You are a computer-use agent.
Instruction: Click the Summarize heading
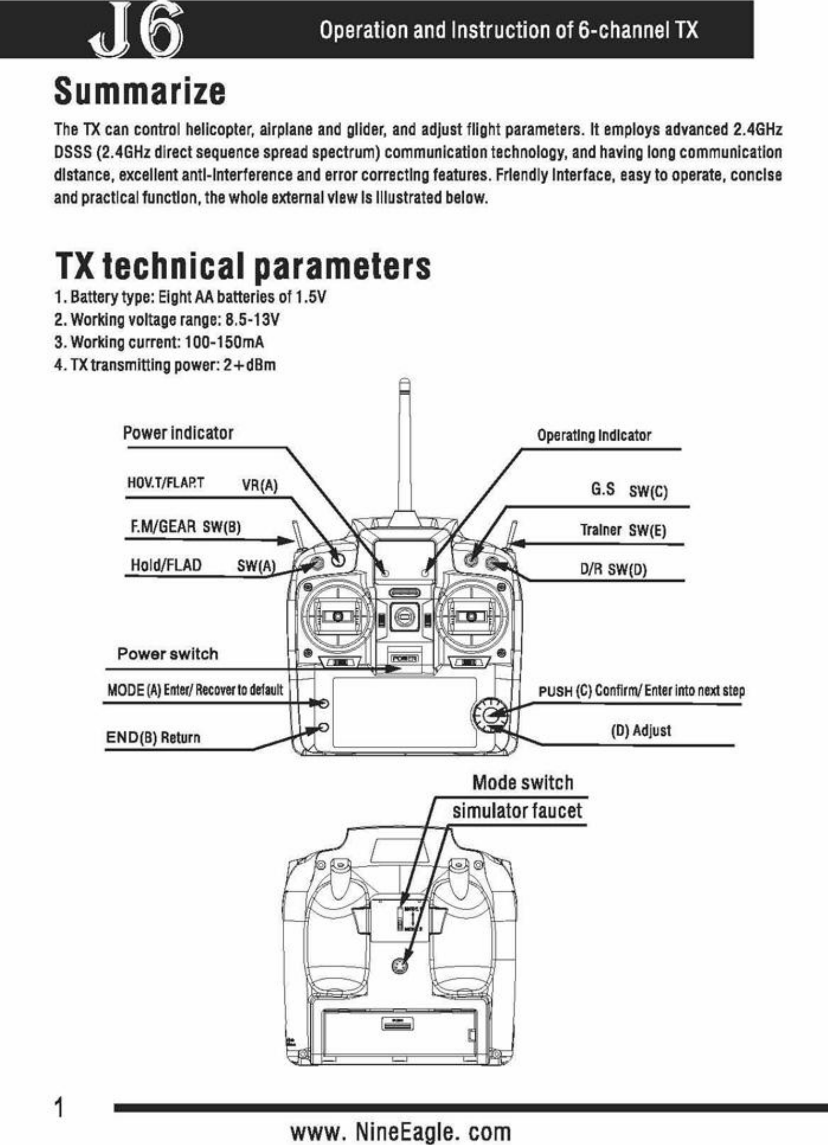click(x=140, y=92)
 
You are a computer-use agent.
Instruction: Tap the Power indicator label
click(x=178, y=433)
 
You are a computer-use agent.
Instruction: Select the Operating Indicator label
click(x=594, y=435)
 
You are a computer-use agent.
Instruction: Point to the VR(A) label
click(x=260, y=486)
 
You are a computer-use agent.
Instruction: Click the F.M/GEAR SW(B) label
click(x=186, y=527)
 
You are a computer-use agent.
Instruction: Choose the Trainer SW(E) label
click(x=623, y=530)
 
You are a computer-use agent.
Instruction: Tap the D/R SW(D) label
click(x=613, y=569)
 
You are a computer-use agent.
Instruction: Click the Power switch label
click(x=168, y=654)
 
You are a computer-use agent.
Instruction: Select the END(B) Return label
click(x=153, y=737)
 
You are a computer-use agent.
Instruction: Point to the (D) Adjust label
click(x=640, y=730)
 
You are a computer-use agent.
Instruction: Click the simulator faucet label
click(x=517, y=811)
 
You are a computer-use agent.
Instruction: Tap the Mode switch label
click(x=523, y=783)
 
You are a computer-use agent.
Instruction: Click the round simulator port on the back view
click(x=401, y=965)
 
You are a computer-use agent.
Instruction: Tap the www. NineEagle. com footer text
click(x=401, y=1131)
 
